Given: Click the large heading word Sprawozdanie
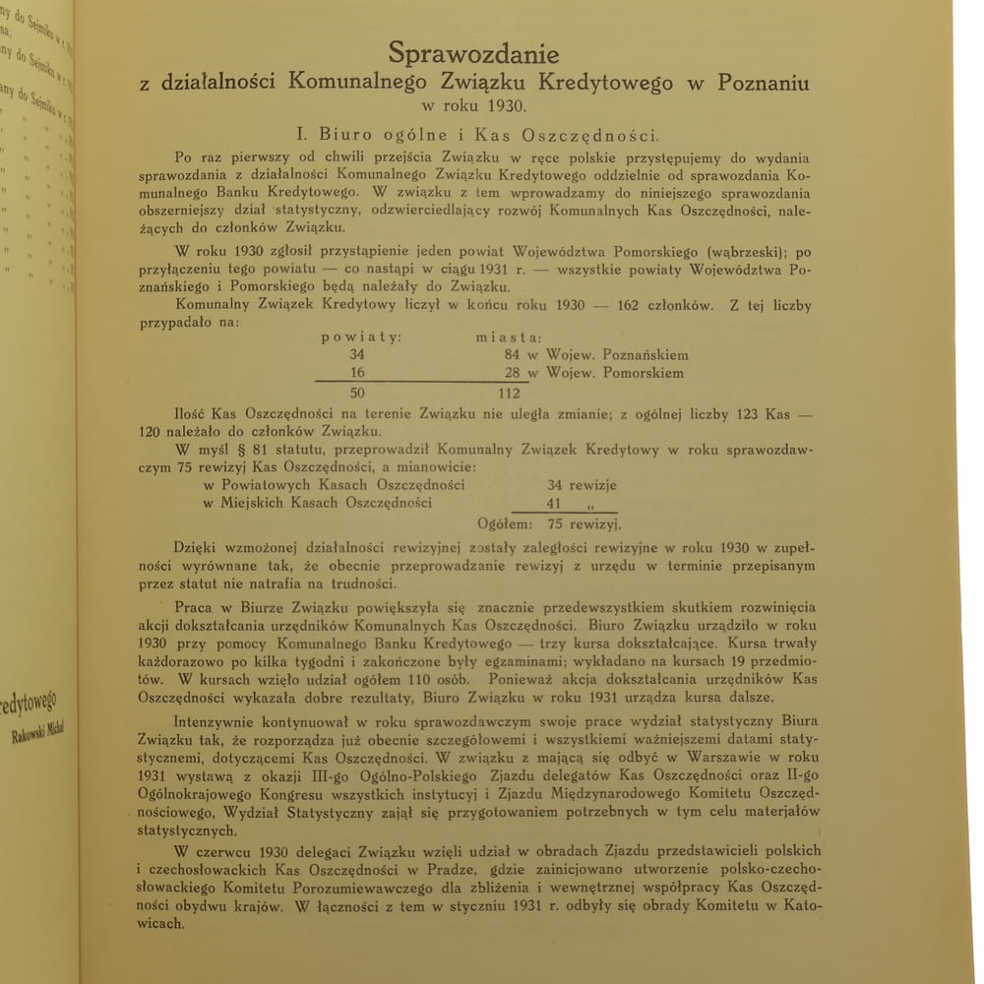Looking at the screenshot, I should [x=473, y=52].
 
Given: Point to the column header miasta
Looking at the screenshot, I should [x=510, y=338].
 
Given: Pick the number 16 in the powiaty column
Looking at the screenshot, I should [x=356, y=374].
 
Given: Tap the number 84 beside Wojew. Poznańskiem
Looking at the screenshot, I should [x=512, y=355].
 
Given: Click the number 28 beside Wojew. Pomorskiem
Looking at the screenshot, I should [x=512, y=374].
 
